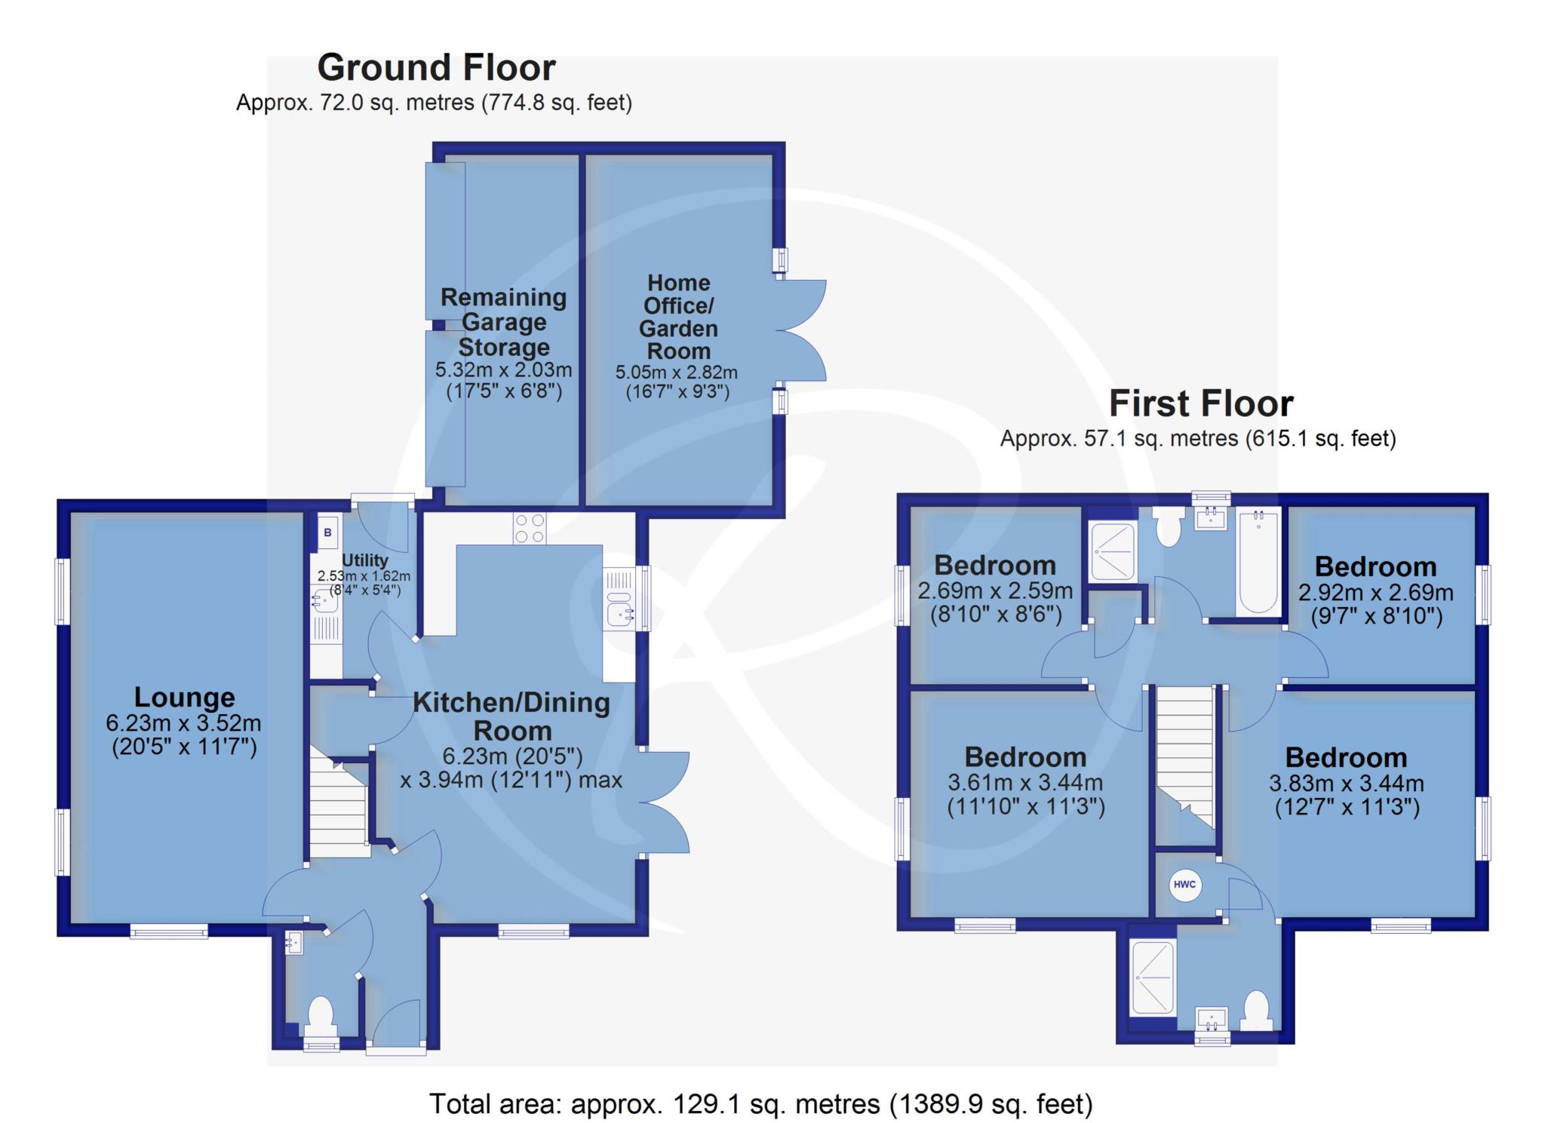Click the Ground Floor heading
pyautogui.click(x=436, y=68)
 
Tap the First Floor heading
pyautogui.click(x=1201, y=404)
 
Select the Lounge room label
pyautogui.click(x=185, y=697)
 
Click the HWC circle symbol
pyautogui.click(x=1184, y=885)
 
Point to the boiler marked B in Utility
pyautogui.click(x=327, y=532)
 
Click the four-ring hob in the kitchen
pyautogui.click(x=530, y=528)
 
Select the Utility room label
pyautogui.click(x=365, y=560)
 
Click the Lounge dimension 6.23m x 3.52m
pyautogui.click(x=183, y=723)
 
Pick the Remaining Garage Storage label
pyautogui.click(x=503, y=322)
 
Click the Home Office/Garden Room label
pyautogui.click(x=679, y=317)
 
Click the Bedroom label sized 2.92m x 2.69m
pyautogui.click(x=1375, y=567)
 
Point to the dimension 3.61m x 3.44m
pyautogui.click(x=1025, y=783)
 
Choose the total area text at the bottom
pyautogui.click(x=760, y=1104)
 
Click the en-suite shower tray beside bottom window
pyautogui.click(x=1153, y=977)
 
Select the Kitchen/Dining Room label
pyautogui.click(x=511, y=716)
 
